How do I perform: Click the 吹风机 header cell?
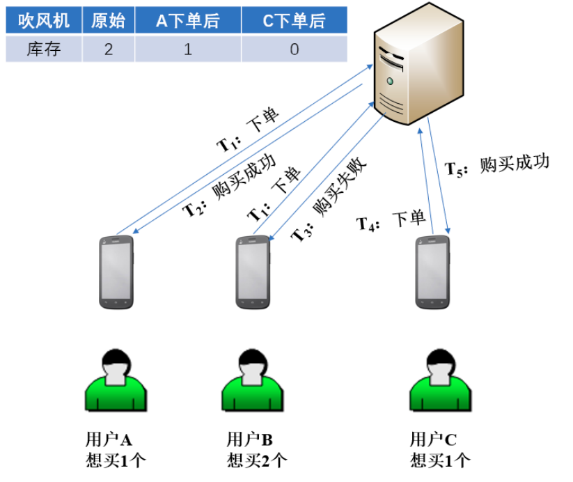[x=43, y=21]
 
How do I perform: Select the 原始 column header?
[x=108, y=21]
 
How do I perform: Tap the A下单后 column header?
[x=187, y=21]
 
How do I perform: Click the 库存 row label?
[x=43, y=49]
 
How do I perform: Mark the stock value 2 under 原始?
[x=108, y=49]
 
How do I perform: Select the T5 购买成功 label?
[x=498, y=165]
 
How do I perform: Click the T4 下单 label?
[x=391, y=221]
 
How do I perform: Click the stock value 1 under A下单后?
[x=187, y=49]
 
